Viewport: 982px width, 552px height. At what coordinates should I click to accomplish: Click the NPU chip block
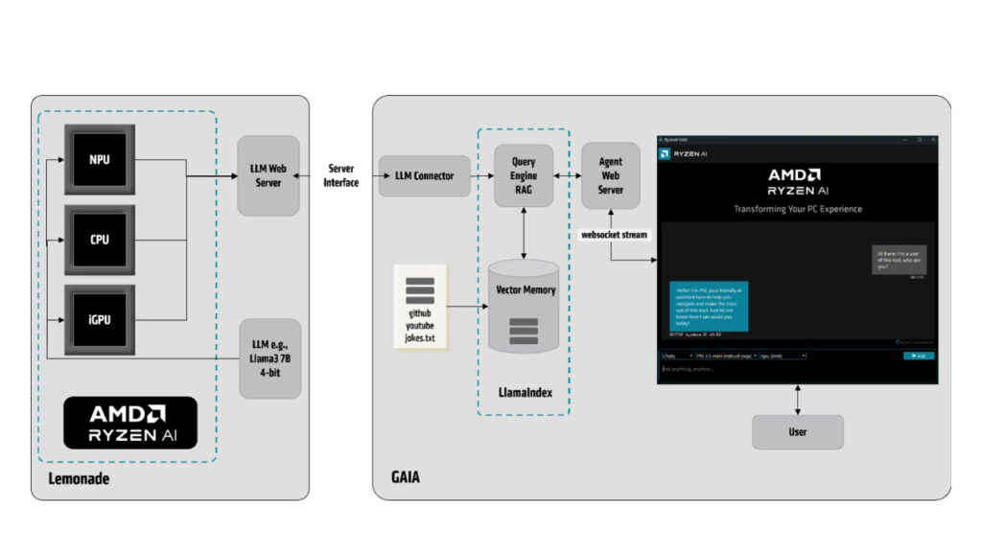coord(100,159)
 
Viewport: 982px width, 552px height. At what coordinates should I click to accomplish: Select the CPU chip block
coord(100,240)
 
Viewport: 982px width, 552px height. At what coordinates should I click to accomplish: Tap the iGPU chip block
coord(100,319)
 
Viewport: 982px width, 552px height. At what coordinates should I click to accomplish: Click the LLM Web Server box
coord(269,175)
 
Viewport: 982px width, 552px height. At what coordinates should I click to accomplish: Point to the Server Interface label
coord(341,175)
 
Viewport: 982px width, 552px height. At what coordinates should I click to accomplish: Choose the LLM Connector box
coord(425,175)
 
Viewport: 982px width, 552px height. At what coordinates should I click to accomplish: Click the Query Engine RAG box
coord(524,175)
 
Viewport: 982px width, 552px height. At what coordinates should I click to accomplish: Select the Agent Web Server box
coord(611,175)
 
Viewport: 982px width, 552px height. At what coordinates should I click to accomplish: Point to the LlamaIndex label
coord(524,393)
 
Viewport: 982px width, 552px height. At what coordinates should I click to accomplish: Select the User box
coord(797,432)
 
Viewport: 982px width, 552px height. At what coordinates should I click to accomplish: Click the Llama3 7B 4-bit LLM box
coord(269,358)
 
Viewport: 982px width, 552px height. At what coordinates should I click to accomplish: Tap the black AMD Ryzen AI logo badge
coord(130,423)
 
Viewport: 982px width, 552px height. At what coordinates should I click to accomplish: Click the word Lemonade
coord(79,478)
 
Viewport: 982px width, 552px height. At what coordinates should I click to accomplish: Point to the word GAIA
coord(405,476)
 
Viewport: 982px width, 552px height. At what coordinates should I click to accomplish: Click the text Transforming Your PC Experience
coord(797,209)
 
